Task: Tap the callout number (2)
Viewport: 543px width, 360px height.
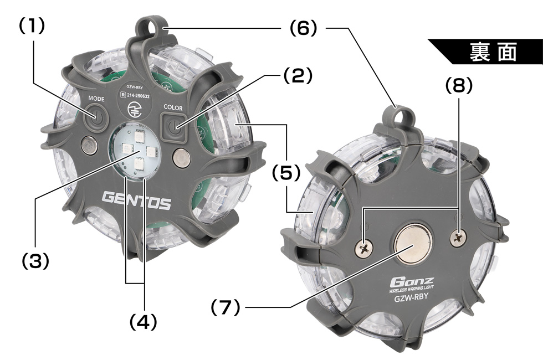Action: coord(298,75)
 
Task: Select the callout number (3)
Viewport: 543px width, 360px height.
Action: coord(35,261)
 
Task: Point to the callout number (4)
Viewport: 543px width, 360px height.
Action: coord(143,322)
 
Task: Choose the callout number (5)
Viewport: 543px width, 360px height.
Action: coord(286,172)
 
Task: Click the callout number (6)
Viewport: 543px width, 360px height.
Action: coord(304,28)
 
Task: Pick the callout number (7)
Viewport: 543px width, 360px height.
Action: coord(226,307)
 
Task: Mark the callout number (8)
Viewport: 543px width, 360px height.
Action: coord(459,85)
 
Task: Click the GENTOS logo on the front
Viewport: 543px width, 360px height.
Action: coord(136,200)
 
